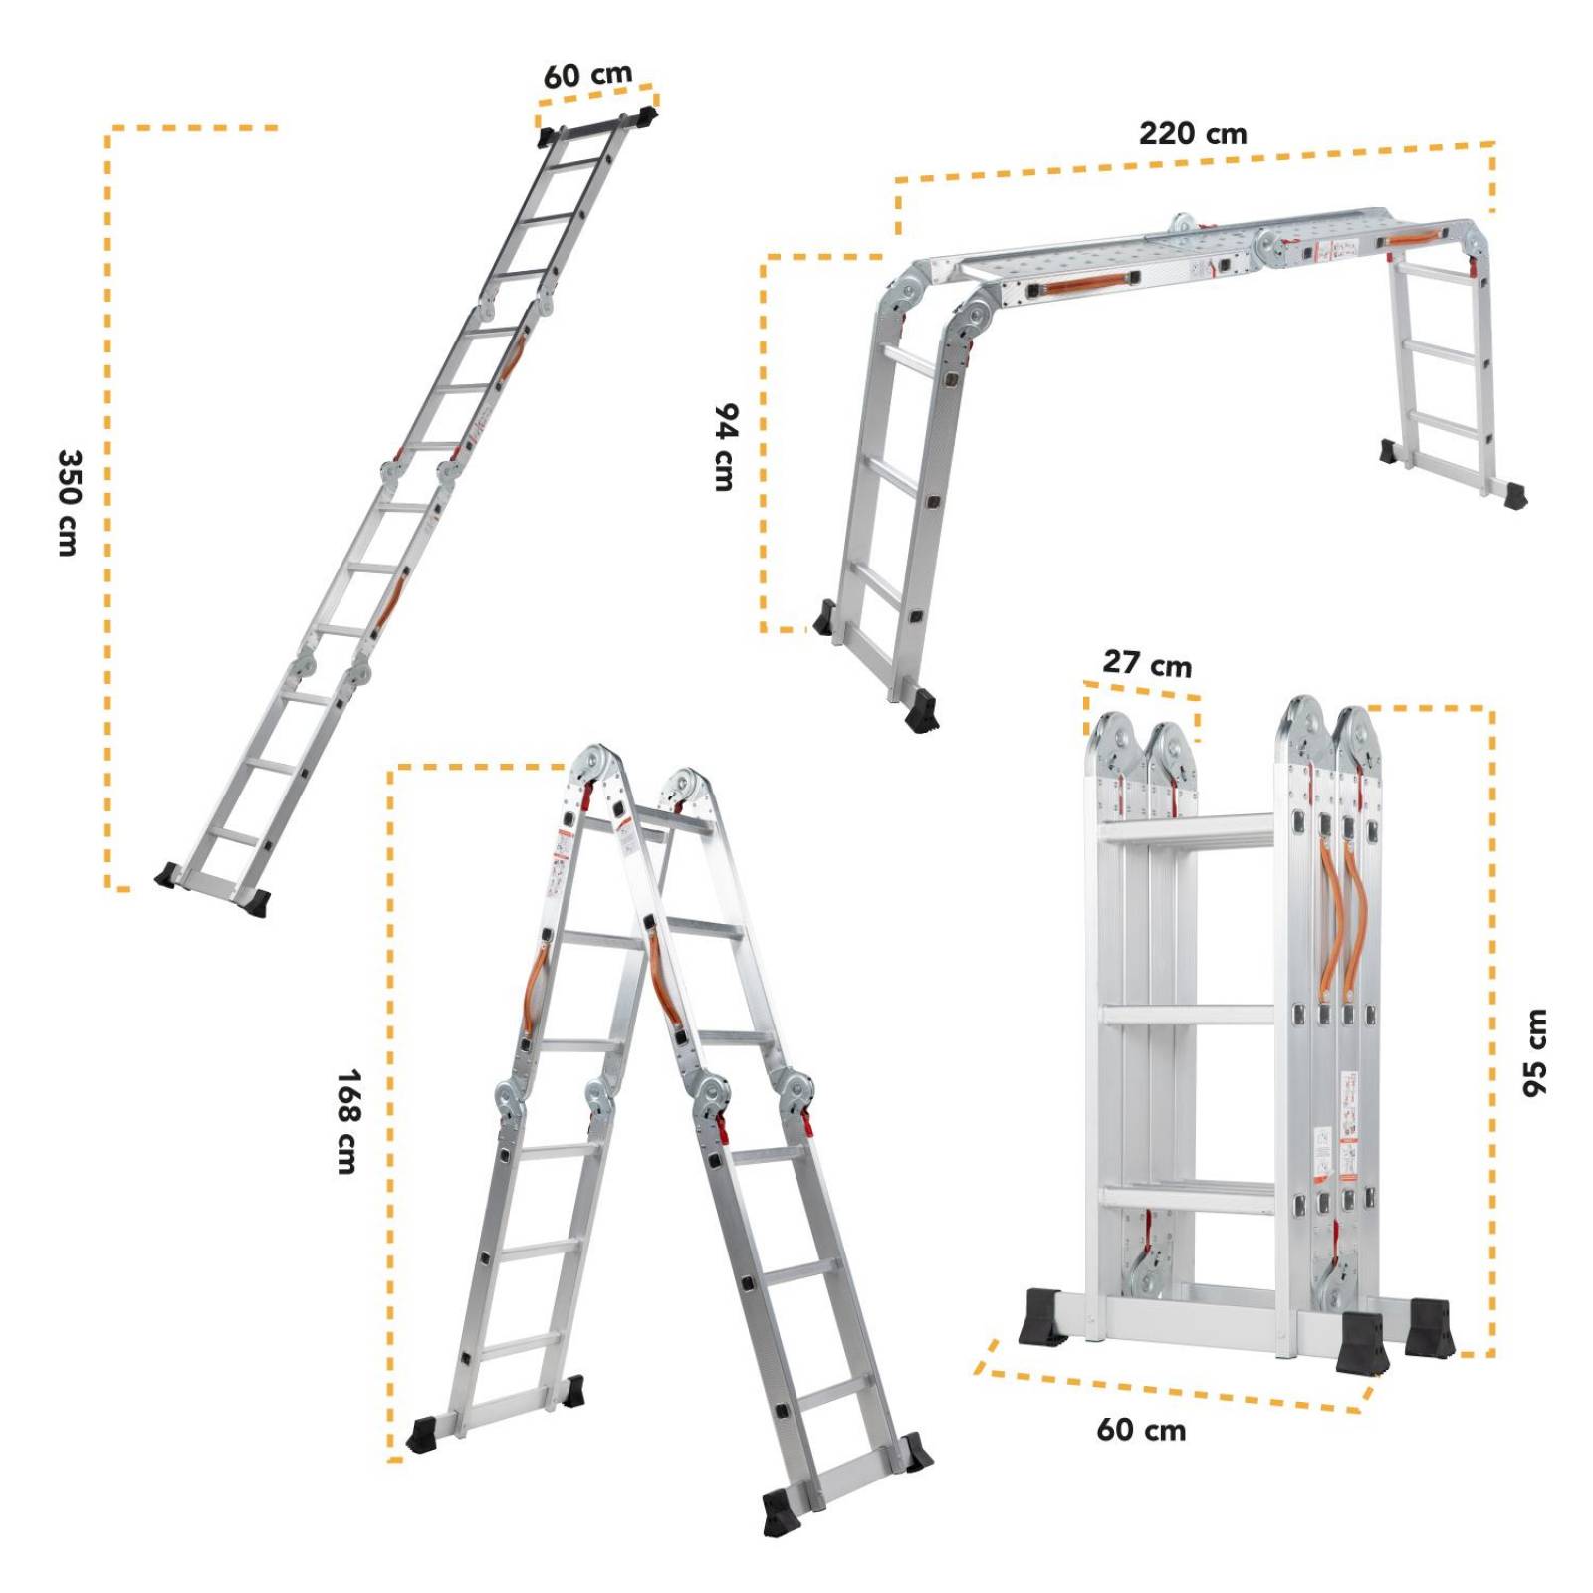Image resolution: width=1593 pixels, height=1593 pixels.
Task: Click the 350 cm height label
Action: (x=68, y=502)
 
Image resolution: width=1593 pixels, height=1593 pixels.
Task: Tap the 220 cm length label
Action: (x=1192, y=133)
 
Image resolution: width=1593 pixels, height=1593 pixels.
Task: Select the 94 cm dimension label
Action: (x=727, y=447)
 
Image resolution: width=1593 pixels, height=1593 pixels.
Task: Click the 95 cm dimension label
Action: (x=1534, y=1053)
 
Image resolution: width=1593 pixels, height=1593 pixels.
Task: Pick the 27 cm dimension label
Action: (x=1146, y=663)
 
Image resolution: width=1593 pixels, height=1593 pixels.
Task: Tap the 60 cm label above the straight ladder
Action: (x=587, y=75)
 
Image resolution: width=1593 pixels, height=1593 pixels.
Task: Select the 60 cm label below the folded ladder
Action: (x=1141, y=1431)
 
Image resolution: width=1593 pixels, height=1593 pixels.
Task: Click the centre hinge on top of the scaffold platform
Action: (x=1182, y=225)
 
